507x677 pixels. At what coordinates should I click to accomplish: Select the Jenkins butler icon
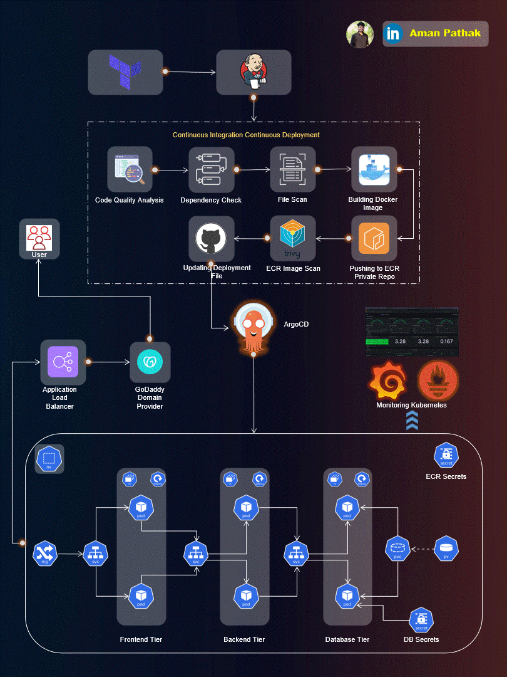coord(253,72)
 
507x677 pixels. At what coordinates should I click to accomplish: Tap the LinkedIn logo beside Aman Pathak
coord(394,34)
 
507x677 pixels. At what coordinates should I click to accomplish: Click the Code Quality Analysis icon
coord(130,169)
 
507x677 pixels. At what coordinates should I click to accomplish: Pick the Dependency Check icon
coord(212,169)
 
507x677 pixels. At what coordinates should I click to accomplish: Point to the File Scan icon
coord(293,169)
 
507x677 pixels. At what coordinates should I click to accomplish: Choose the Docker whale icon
coord(374,169)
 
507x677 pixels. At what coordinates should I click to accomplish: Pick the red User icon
coord(39,236)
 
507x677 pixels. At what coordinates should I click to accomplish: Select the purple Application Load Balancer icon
coord(63,362)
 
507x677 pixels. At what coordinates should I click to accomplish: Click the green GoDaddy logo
coord(150,362)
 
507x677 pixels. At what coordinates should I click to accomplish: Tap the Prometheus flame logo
coord(438,381)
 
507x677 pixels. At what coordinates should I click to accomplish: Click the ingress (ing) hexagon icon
coord(45,554)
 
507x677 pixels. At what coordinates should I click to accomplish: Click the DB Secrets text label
coord(421,639)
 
